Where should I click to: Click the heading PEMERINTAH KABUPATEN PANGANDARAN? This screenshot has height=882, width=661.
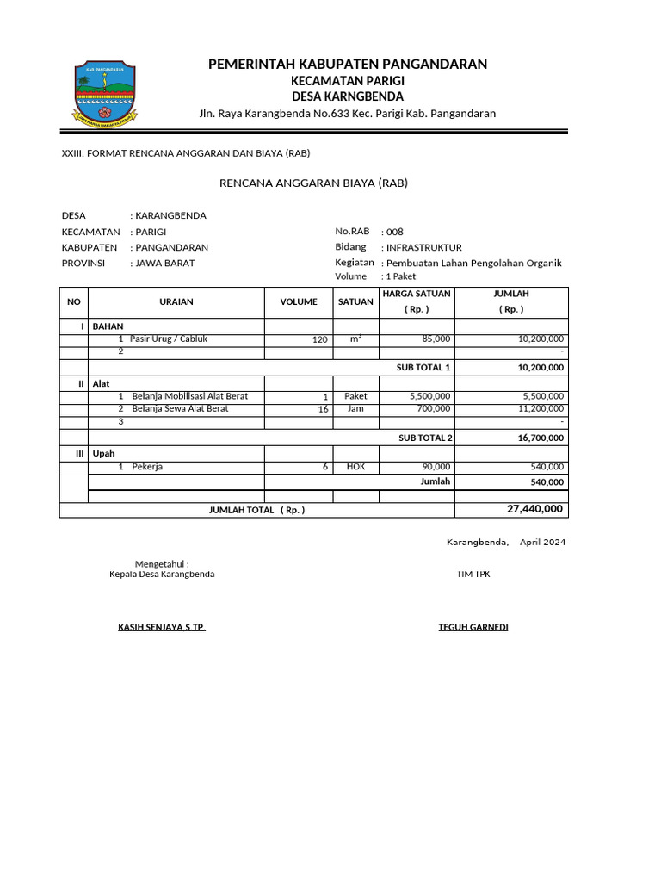[x=348, y=64]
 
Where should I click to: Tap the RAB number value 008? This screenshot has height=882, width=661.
[x=394, y=232]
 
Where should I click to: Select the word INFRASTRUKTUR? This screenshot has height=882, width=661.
[x=424, y=247]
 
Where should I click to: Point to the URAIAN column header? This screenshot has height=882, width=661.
[x=176, y=301]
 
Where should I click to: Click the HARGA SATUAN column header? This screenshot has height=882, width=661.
[x=417, y=294]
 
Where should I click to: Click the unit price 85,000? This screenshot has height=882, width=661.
[x=436, y=339]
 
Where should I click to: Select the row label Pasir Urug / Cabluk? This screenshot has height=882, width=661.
[x=169, y=339]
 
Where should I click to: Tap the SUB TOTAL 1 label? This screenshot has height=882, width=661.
[x=423, y=367]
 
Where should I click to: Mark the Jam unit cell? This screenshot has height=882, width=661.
[x=355, y=409]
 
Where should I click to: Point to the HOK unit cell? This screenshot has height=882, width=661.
[x=355, y=467]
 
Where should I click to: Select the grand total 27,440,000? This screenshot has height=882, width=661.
[x=534, y=509]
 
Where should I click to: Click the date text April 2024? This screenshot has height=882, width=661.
[x=543, y=543]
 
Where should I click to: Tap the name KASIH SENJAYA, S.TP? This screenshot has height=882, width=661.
[x=162, y=627]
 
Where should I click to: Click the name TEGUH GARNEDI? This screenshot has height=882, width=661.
[x=473, y=627]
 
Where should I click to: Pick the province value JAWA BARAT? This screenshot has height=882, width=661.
[x=165, y=263]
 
